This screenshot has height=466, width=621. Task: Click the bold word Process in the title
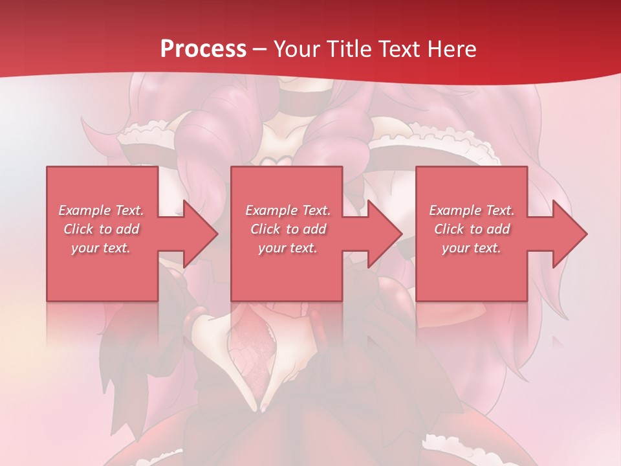point(203,49)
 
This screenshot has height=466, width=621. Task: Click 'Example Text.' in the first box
point(101,210)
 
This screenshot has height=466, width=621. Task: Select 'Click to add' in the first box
point(101,229)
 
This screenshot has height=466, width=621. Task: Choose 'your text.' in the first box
point(101,248)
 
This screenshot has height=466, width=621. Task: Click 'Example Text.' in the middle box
point(287,210)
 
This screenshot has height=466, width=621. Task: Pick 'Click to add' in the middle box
point(287,229)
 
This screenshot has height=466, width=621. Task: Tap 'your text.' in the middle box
point(287,248)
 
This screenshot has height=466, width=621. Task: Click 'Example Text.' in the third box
point(472,210)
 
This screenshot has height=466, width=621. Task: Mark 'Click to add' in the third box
point(472,229)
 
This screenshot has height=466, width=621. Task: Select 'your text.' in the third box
point(472,248)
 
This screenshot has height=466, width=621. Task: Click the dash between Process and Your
point(259,49)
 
